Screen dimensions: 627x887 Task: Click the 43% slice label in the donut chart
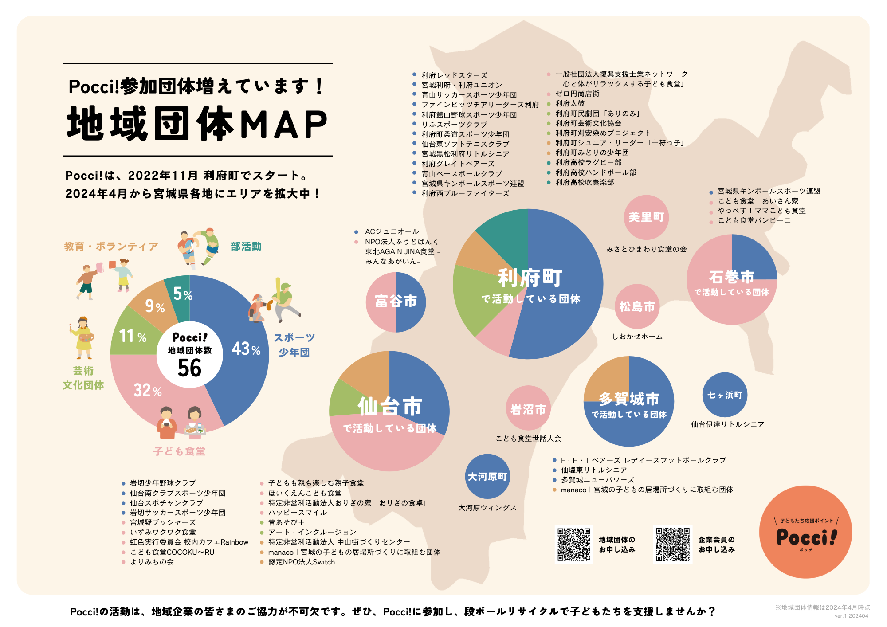pyautogui.click(x=246, y=349)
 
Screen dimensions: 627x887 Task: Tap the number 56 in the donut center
pyautogui.click(x=190, y=368)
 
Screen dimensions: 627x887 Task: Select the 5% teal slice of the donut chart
pyautogui.click(x=180, y=295)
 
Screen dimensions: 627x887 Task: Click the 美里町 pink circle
pyautogui.click(x=646, y=217)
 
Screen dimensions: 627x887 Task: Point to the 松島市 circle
pyautogui.click(x=637, y=306)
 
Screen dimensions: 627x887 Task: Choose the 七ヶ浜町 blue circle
pyautogui.click(x=725, y=395)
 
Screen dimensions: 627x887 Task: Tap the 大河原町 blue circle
pyautogui.click(x=487, y=477)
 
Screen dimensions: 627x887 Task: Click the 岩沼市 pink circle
pyautogui.click(x=528, y=408)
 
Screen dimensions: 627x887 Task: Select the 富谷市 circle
pyautogui.click(x=396, y=302)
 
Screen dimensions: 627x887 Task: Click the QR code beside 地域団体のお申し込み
pyautogui.click(x=574, y=545)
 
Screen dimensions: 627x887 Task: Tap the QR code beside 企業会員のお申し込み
pyautogui.click(x=673, y=545)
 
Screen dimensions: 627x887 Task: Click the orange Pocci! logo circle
pyautogui.click(x=805, y=532)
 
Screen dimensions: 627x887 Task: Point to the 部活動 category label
pyautogui.click(x=246, y=247)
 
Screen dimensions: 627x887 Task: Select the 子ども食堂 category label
pyautogui.click(x=179, y=451)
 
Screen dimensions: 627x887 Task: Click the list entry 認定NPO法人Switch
pyautogui.click(x=302, y=562)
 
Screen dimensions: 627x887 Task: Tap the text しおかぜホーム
pyautogui.click(x=637, y=337)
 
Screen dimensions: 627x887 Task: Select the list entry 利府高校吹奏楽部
pyautogui.click(x=585, y=182)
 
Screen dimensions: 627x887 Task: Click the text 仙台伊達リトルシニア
pyautogui.click(x=727, y=424)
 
